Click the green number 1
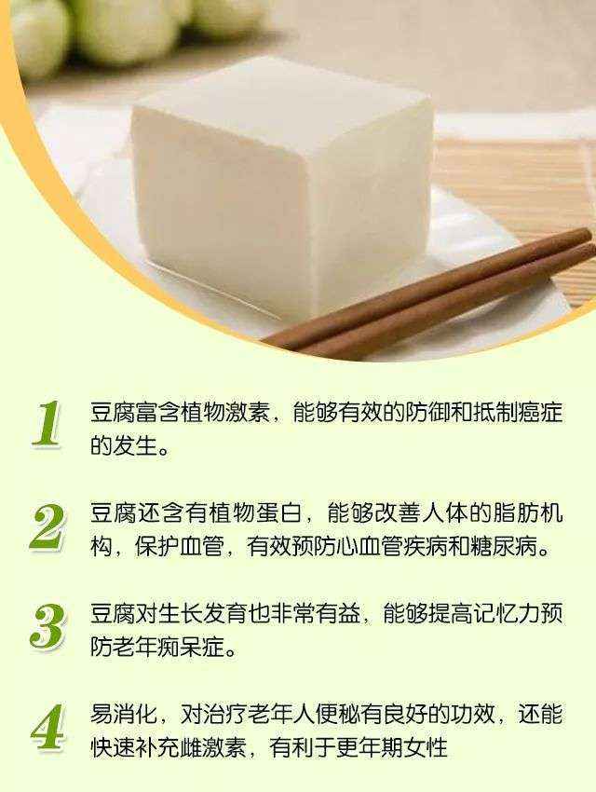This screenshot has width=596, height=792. [x=47, y=425]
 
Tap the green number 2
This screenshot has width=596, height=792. [x=47, y=527]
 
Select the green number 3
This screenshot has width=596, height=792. [x=47, y=626]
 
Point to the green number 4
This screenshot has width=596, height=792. [x=47, y=727]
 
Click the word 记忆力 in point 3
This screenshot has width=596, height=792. [x=496, y=614]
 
